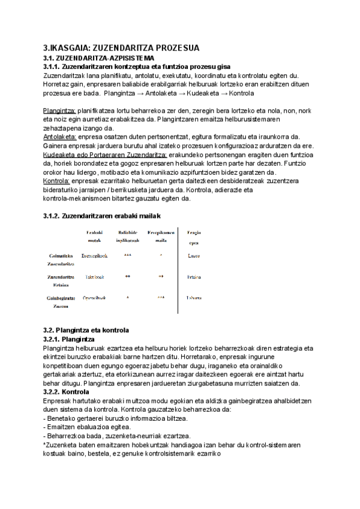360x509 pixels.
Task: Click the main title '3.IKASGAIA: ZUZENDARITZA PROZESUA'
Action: (x=121, y=48)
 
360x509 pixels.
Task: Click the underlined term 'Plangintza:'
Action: (x=59, y=111)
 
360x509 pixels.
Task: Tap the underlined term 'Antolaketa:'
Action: (x=60, y=137)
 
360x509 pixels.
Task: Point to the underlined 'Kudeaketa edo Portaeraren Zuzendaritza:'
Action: (x=105, y=154)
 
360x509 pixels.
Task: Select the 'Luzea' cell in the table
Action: (x=193, y=256)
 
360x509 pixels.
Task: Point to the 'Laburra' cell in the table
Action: (x=193, y=298)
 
